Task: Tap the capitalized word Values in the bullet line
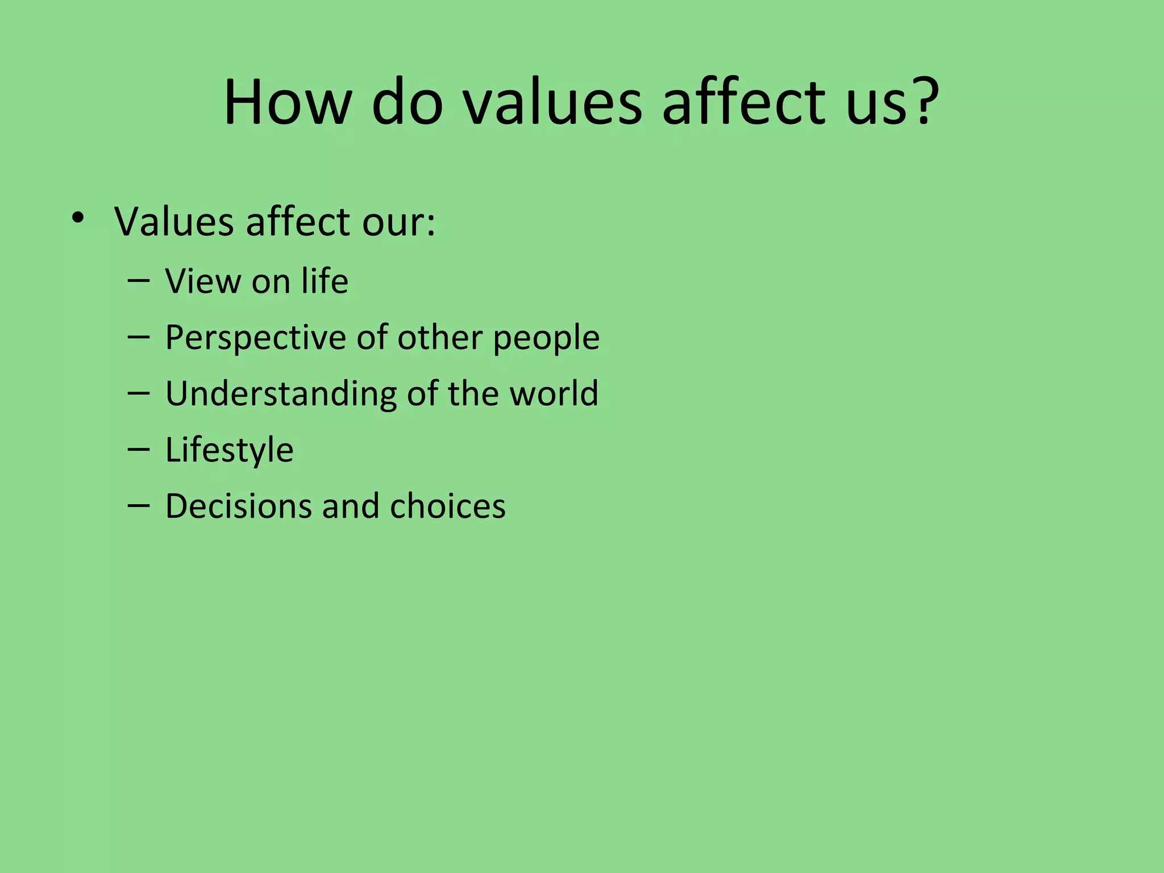(173, 222)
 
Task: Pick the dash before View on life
(139, 281)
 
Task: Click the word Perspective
(256, 338)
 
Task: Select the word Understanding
(281, 394)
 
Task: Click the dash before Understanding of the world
(139, 393)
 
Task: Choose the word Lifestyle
(229, 451)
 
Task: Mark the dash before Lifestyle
(139, 450)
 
